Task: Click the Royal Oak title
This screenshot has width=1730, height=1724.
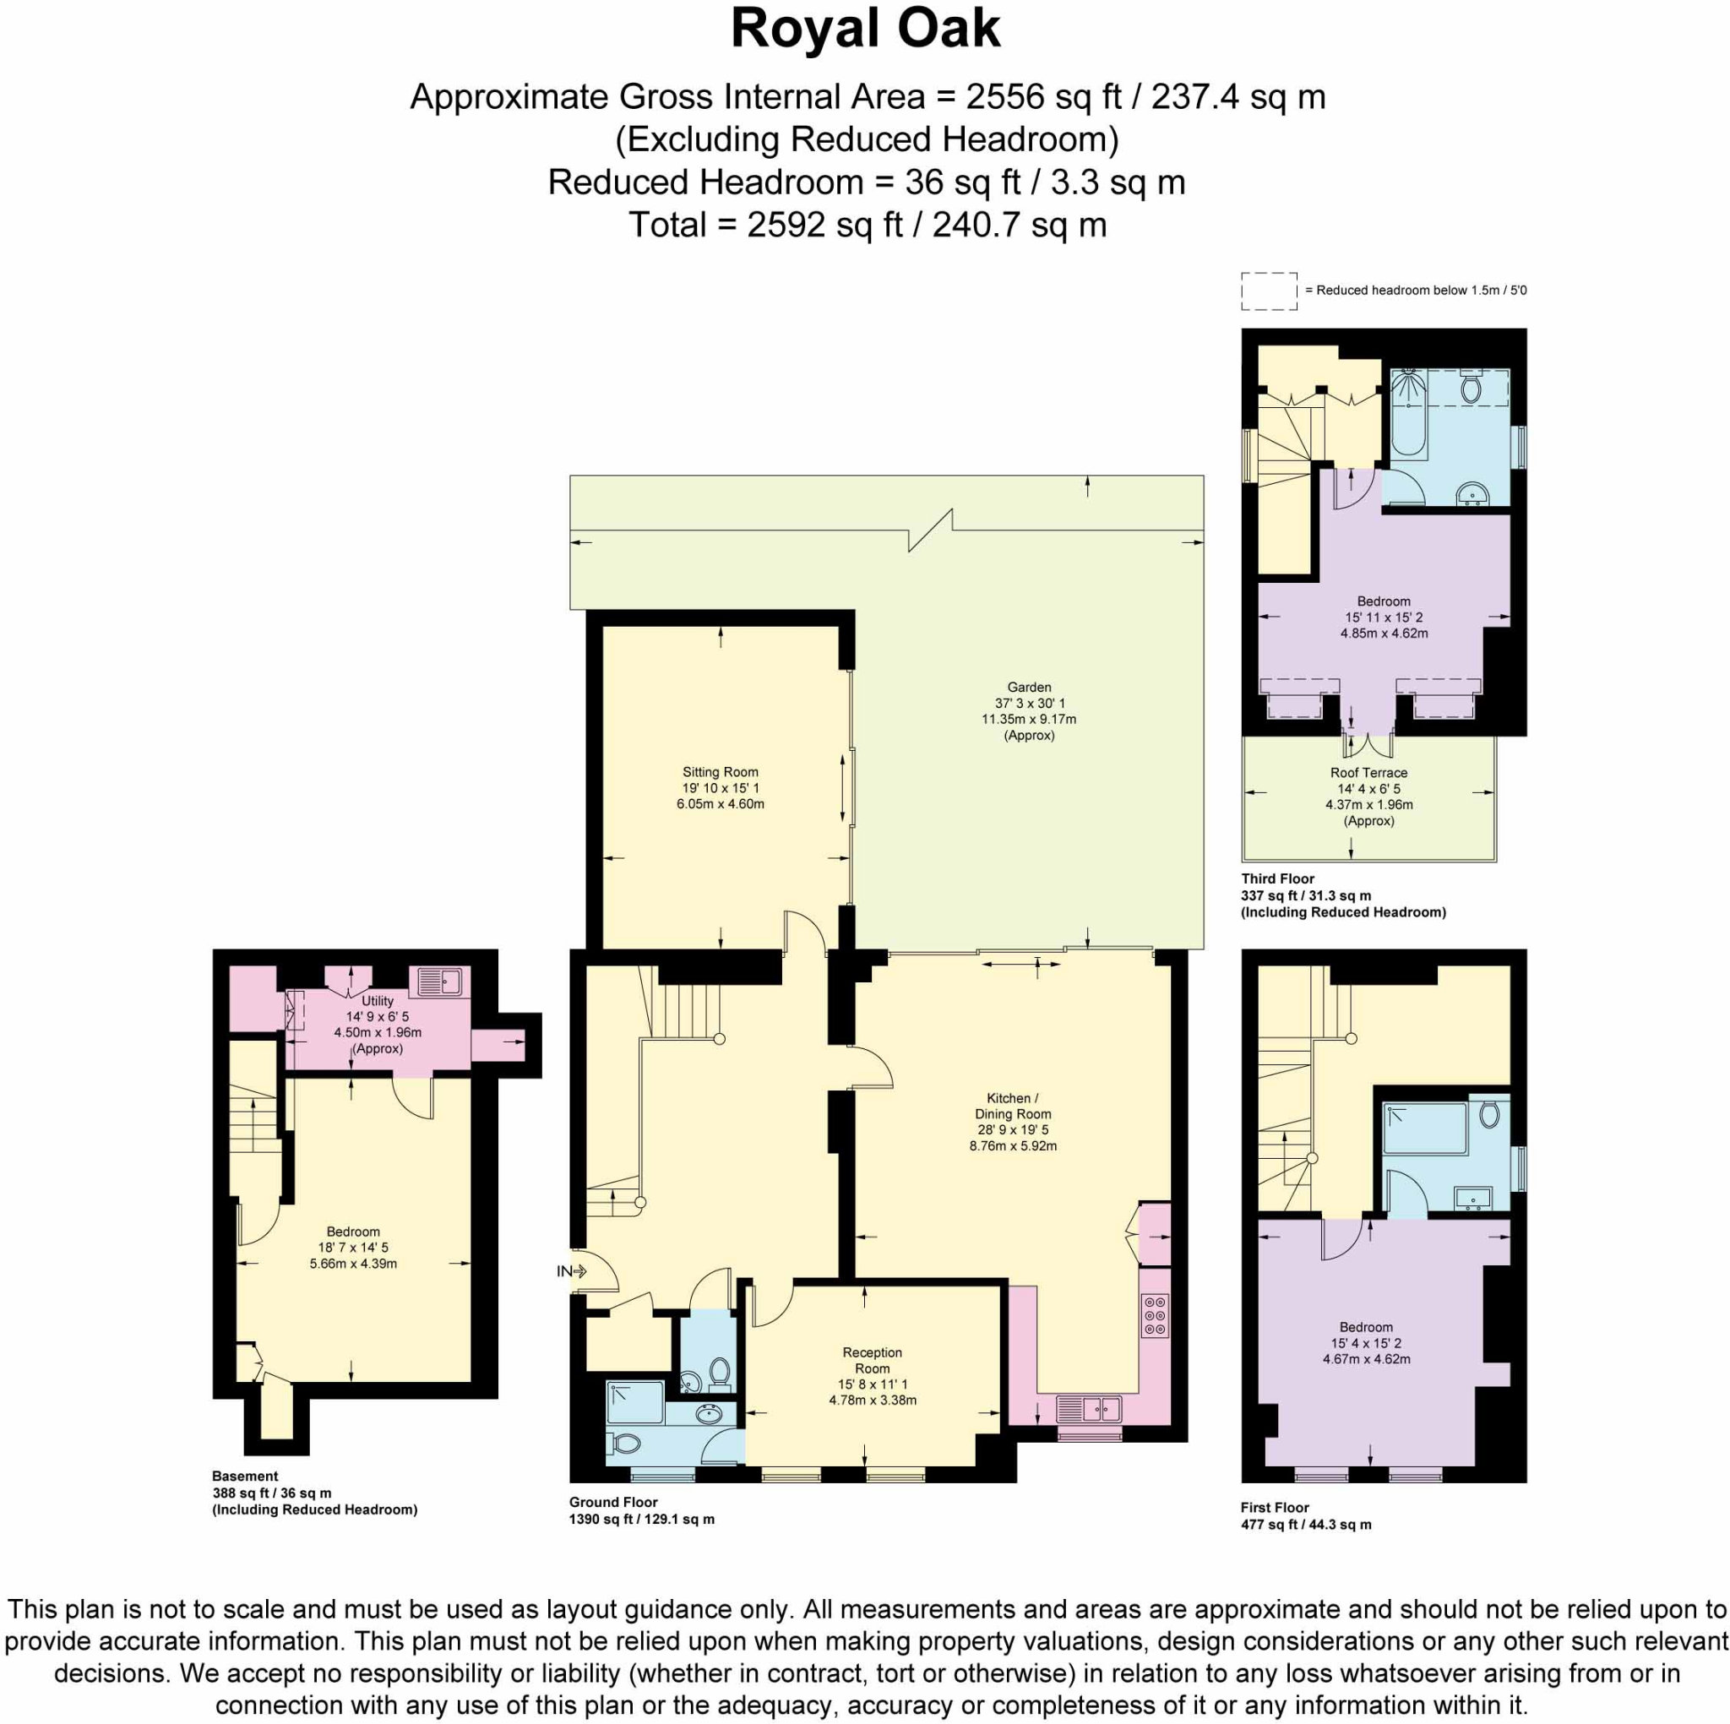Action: pos(865,29)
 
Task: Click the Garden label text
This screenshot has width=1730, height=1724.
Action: pos(1029,687)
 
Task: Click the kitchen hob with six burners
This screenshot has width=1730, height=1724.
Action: pos(1155,1316)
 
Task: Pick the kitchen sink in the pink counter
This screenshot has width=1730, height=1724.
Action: pos(1088,1410)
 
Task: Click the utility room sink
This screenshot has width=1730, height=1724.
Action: pos(439,982)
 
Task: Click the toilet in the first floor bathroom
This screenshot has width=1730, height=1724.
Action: pos(1489,1114)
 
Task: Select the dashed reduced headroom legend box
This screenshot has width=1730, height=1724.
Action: pos(1269,291)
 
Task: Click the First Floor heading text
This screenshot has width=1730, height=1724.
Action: pos(1274,1507)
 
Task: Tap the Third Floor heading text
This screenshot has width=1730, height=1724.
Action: pos(1277,878)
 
